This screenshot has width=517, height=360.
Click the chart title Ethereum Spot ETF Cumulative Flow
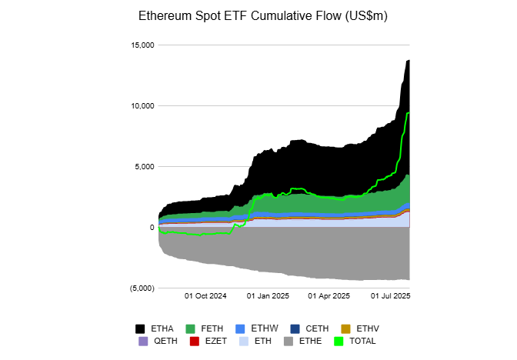(x=258, y=15)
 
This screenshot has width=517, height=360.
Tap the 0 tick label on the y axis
(x=152, y=227)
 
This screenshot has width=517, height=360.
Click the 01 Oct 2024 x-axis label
(x=206, y=295)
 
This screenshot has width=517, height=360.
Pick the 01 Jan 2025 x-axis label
(x=268, y=295)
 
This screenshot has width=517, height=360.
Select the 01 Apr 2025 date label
(x=329, y=295)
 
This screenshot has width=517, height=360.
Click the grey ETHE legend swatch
(x=289, y=341)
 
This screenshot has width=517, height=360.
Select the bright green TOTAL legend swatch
(x=339, y=341)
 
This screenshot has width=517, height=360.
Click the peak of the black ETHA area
(x=409, y=60)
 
